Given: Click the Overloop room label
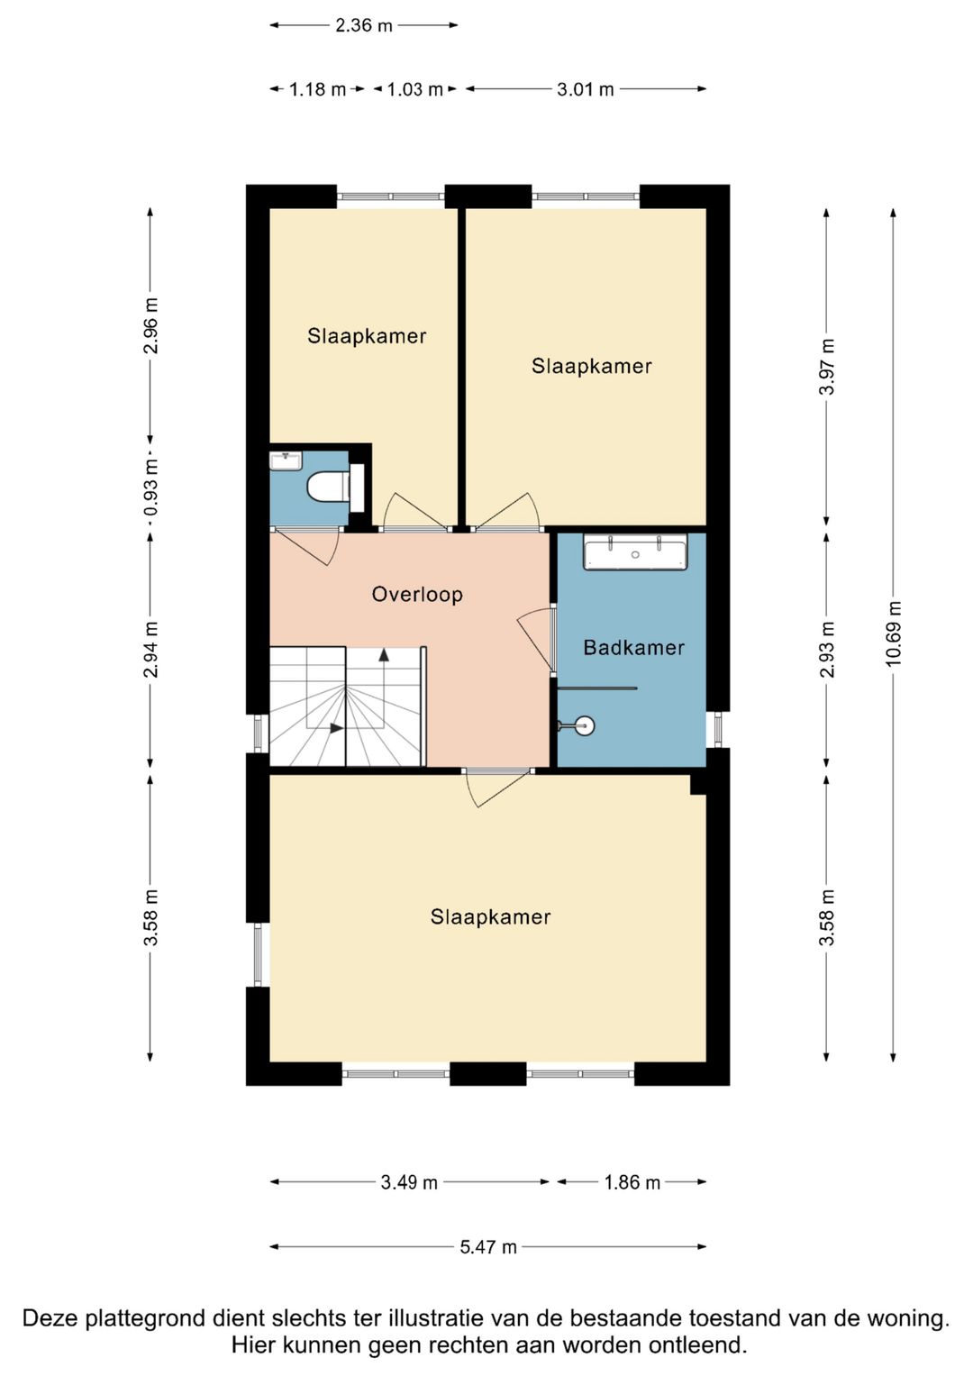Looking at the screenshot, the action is (417, 595).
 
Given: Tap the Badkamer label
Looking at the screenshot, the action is (633, 648).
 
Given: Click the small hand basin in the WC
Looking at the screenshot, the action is (286, 460).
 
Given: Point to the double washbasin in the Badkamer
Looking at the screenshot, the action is (635, 551).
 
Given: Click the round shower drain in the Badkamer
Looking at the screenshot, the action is (586, 725).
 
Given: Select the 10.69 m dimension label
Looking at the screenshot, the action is (893, 633).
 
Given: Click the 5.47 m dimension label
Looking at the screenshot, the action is (488, 1247).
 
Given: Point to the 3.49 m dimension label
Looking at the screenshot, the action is (408, 1182).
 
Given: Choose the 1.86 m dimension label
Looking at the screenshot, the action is (632, 1182).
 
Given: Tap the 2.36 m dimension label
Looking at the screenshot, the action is (364, 26).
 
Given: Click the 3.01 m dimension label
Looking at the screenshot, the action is (586, 90).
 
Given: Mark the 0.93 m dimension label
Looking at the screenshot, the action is (150, 487).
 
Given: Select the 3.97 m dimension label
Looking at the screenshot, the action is (827, 367).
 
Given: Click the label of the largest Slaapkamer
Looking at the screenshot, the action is (490, 917).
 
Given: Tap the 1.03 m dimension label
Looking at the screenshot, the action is (414, 90).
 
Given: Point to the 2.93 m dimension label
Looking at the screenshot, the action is (827, 650).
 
